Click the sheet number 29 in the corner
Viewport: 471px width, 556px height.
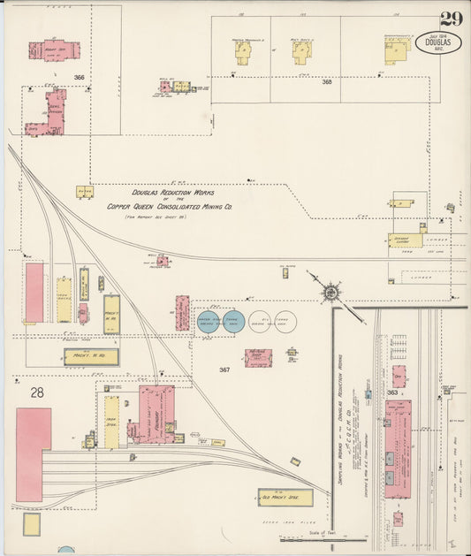[450, 19]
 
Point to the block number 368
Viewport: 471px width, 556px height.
[327, 82]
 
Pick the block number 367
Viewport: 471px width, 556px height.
[224, 369]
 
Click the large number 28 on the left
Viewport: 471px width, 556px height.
[36, 392]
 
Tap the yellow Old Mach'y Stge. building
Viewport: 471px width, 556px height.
[285, 497]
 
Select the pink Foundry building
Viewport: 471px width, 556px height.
[155, 413]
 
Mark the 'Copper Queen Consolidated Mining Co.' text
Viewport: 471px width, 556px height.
[170, 206]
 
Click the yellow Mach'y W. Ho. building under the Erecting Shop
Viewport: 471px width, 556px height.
[90, 357]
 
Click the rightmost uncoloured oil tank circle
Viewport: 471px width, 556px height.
[285, 323]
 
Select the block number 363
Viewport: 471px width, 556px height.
[391, 392]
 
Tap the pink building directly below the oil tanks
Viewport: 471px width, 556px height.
[258, 358]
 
